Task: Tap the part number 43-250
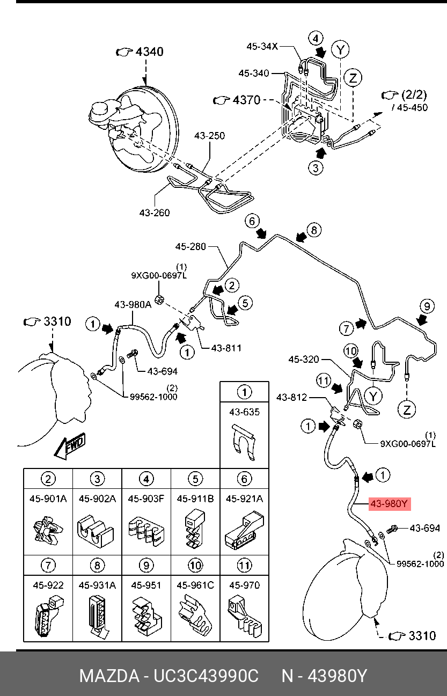click(x=209, y=136)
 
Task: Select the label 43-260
click(x=154, y=213)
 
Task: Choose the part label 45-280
click(x=190, y=247)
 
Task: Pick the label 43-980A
click(x=133, y=305)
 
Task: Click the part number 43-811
click(x=226, y=348)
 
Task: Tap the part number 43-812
click(x=291, y=398)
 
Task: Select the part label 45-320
click(x=304, y=359)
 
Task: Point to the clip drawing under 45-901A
click(x=48, y=531)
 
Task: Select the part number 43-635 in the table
click(x=244, y=412)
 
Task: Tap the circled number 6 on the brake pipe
click(x=252, y=221)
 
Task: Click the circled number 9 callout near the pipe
click(x=427, y=307)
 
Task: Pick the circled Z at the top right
click(x=353, y=78)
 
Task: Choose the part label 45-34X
click(x=262, y=47)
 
